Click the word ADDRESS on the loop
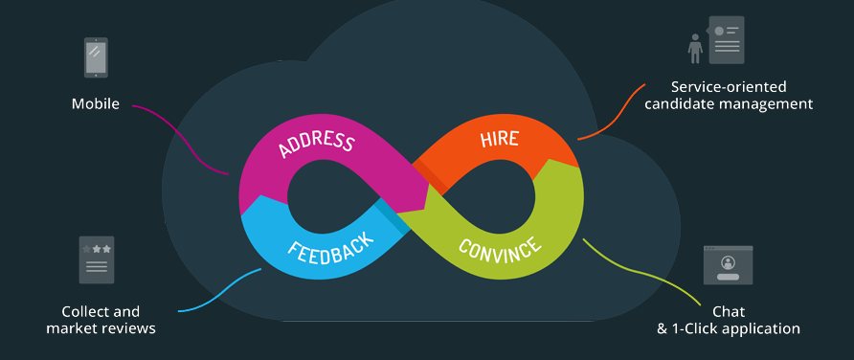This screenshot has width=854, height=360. [x=316, y=143]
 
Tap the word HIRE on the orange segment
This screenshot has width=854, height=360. [x=499, y=138]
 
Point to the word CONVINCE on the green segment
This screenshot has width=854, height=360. [x=499, y=249]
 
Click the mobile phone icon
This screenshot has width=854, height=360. [x=96, y=57]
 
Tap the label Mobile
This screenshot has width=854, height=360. [x=96, y=103]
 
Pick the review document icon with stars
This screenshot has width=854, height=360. [x=97, y=259]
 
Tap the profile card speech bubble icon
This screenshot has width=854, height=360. [x=727, y=39]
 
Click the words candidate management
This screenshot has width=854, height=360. [x=729, y=103]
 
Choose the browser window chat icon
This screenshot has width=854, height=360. [x=728, y=264]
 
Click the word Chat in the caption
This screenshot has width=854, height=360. [x=729, y=311]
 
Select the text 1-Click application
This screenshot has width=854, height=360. [x=736, y=328]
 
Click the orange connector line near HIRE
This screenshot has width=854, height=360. [x=613, y=113]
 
